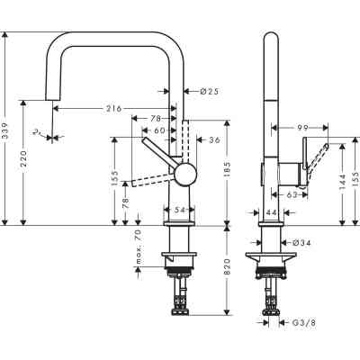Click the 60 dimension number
pyautogui.click(x=159, y=131)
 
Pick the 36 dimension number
pyautogui.click(x=213, y=139)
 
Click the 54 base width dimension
pyautogui.click(x=178, y=209)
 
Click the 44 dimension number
pyautogui.click(x=272, y=211)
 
